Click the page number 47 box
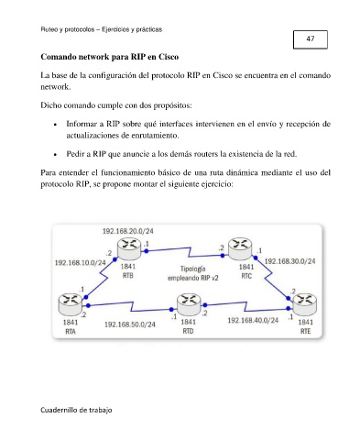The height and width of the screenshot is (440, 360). click(311, 39)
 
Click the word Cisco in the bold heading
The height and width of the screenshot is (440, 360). click(169, 57)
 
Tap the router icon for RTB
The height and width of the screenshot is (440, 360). click(129, 249)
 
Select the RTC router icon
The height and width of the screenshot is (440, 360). click(241, 249)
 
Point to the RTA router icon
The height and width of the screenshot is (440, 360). click(70, 304)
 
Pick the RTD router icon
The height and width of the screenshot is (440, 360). click(189, 304)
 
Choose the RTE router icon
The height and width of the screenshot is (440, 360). click(305, 304)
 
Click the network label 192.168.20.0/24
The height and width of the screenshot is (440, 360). click(128, 231)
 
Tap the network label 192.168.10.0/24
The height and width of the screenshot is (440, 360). click(81, 263)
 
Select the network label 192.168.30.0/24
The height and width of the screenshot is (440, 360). click(289, 261)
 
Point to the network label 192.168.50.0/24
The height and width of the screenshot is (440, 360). click(130, 324)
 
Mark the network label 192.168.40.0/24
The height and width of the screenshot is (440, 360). click(253, 320)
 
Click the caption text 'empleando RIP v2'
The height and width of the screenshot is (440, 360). click(193, 278)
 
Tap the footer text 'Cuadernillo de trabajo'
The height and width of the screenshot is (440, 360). click(76, 410)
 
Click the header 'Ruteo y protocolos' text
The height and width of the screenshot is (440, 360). click(68, 29)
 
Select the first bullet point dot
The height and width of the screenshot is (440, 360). click(55, 125)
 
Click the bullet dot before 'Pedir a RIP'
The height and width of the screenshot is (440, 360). click(55, 155)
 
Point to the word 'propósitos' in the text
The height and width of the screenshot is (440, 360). click(172, 105)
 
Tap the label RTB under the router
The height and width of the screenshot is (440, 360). click(128, 276)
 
